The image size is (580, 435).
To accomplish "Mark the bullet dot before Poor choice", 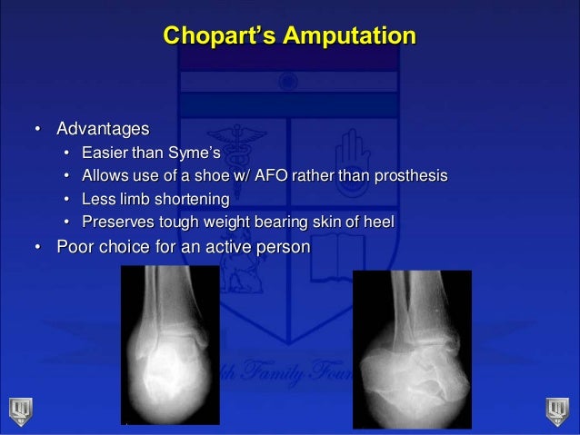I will tap(37, 247).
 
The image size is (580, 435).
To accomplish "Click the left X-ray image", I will tap(170, 345).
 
